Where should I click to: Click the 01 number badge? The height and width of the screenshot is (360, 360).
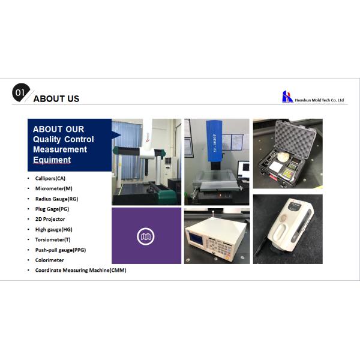click(20, 92)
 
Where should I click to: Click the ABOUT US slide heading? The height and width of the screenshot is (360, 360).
click(56, 98)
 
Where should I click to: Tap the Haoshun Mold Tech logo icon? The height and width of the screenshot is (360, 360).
click(287, 97)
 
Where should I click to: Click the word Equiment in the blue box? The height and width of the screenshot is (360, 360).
click(52, 160)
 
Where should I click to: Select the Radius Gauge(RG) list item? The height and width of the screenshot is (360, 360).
click(56, 199)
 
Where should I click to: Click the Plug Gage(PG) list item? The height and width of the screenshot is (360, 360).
click(52, 209)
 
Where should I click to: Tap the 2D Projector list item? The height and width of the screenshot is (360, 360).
click(51, 219)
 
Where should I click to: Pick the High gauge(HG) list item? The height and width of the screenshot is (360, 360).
click(53, 229)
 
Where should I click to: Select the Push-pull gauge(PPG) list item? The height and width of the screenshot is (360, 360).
click(60, 250)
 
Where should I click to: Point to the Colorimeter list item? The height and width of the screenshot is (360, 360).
click(49, 260)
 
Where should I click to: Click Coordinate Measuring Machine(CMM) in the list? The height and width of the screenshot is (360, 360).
click(80, 270)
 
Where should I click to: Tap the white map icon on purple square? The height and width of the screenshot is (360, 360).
click(146, 236)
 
